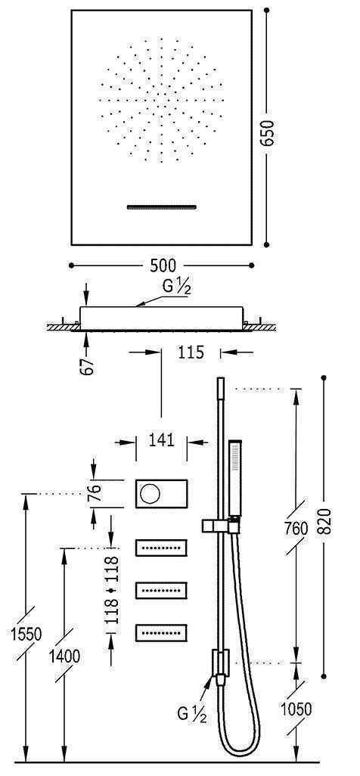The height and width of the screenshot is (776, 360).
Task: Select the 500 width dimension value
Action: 162,265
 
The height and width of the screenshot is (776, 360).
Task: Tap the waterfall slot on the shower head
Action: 161,206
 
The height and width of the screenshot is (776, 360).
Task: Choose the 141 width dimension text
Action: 161,439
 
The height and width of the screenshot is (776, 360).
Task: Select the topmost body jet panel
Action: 161,547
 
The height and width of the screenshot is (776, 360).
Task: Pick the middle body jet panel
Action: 161,589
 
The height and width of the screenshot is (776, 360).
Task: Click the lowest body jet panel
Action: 161,631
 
